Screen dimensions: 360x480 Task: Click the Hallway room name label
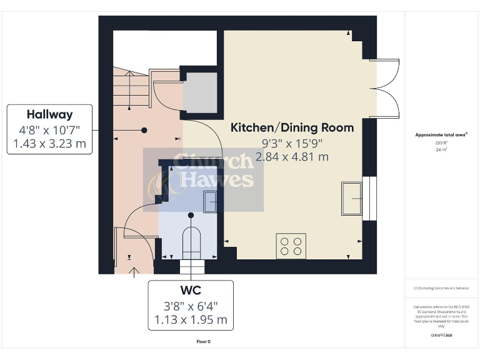(49, 114)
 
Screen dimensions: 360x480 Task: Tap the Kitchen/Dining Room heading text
(292, 127)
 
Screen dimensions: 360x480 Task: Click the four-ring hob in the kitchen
(291, 245)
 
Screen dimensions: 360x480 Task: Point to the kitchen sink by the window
(351, 198)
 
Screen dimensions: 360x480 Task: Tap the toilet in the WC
(191, 243)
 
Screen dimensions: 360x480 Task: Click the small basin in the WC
(210, 201)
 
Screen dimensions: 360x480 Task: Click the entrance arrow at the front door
(134, 271)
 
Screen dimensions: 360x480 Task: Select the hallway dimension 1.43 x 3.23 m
(49, 145)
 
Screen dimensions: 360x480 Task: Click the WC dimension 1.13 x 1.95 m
(191, 321)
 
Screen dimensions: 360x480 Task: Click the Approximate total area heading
(441, 134)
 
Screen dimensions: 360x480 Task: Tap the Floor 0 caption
(203, 342)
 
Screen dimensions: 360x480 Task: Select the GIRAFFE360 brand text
(441, 336)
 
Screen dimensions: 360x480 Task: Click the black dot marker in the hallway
(144, 130)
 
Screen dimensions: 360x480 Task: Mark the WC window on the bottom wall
(192, 267)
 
